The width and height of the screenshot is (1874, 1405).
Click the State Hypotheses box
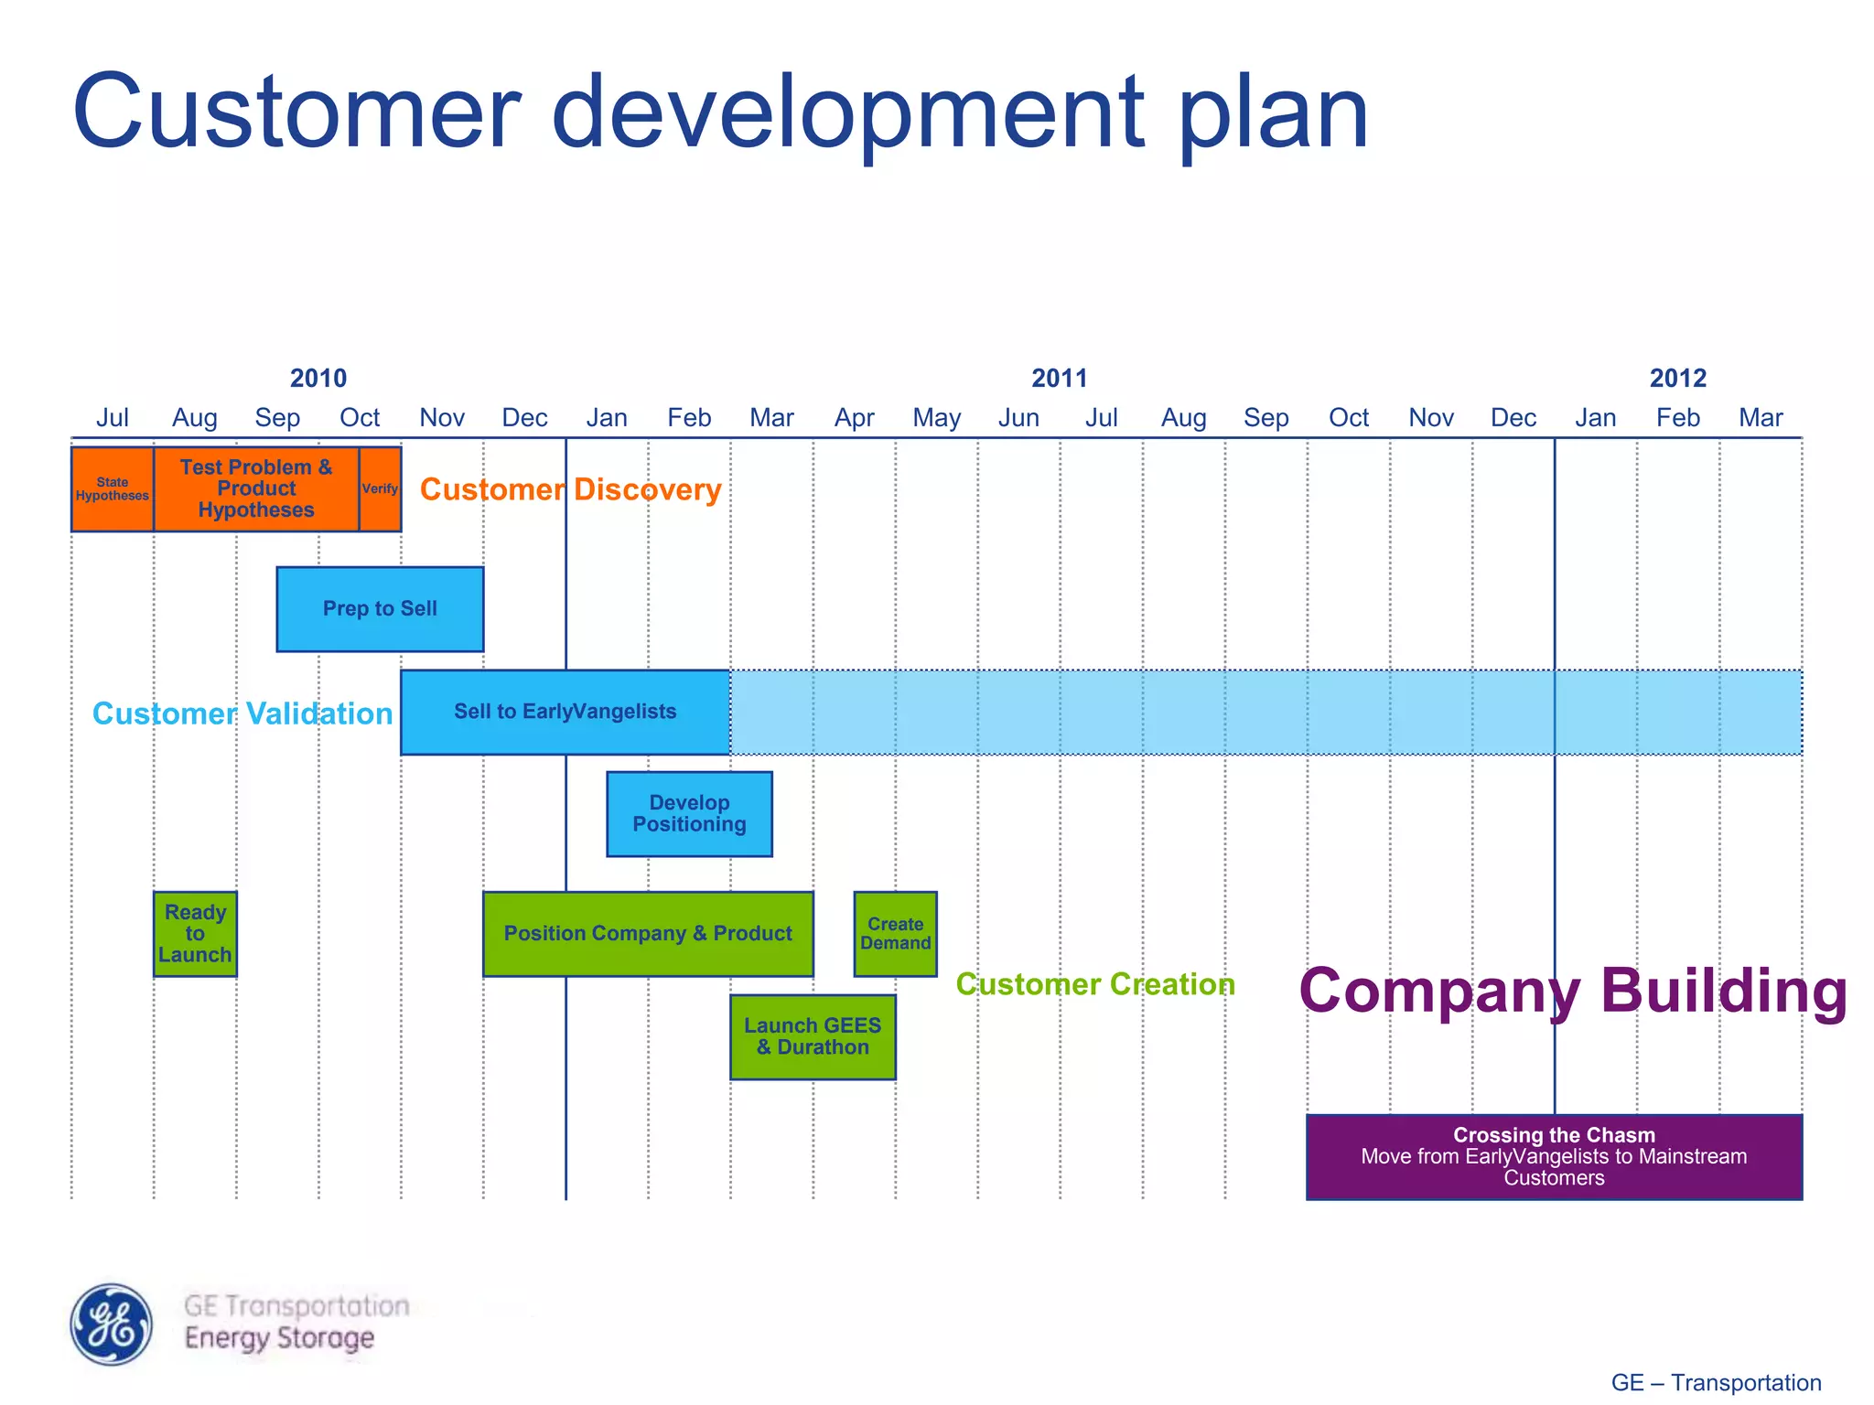pos(112,488)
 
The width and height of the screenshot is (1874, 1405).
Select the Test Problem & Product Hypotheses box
pos(256,488)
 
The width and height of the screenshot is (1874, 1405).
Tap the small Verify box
pos(380,488)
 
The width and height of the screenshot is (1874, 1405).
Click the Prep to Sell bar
pos(380,609)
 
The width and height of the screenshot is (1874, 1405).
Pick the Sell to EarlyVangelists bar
pos(565,712)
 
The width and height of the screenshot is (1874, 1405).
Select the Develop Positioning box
pos(689,814)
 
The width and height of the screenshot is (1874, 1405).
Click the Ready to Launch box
pos(195,934)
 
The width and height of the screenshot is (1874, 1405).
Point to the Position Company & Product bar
pos(648,934)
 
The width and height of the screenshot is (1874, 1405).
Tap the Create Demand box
pos(895,934)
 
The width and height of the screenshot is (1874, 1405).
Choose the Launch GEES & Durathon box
pos(813,1037)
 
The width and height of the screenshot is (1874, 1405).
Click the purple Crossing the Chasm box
pos(1554,1157)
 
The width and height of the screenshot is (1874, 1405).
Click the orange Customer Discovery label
pos(570,489)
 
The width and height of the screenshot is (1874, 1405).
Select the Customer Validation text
pos(242,713)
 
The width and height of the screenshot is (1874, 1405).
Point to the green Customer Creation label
pos(1095,984)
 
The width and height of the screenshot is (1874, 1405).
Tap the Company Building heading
pos(1572,991)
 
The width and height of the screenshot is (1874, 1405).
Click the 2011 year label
pos(1059,378)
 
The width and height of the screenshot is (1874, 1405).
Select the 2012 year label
pos(1677,378)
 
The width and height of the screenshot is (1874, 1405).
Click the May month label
pos(936,418)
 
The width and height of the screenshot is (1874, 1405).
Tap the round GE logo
pos(112,1325)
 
